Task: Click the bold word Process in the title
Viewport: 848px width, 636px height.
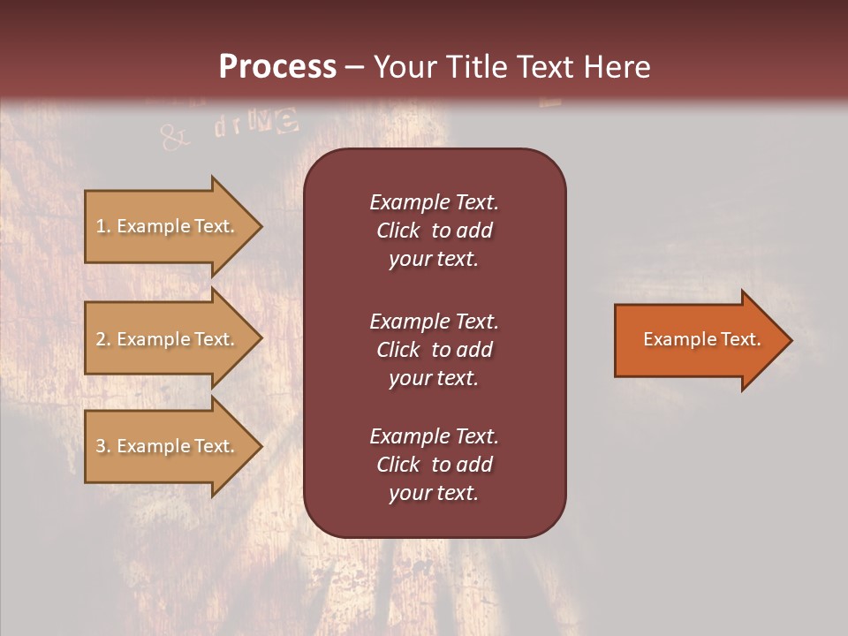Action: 277,67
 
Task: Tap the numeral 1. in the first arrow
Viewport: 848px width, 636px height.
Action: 103,226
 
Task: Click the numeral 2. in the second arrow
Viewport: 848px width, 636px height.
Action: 103,339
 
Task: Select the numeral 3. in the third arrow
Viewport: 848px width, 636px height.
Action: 103,446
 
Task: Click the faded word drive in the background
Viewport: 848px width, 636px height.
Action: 256,124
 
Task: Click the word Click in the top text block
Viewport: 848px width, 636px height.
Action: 397,231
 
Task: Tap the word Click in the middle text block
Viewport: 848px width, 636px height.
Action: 397,350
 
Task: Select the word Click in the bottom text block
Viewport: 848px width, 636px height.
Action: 397,465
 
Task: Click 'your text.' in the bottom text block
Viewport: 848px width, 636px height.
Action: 434,493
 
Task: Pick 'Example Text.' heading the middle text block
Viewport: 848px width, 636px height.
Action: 434,322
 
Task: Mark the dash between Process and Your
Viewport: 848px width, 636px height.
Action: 354,68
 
